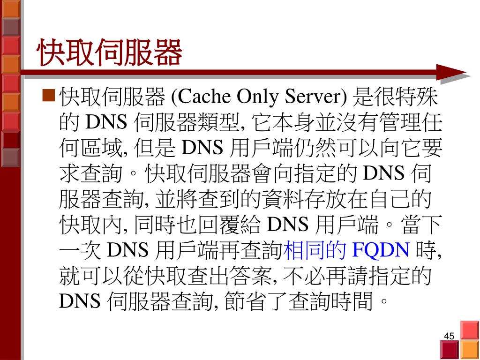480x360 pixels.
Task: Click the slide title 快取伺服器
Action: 110,52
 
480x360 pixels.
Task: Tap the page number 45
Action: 449,336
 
